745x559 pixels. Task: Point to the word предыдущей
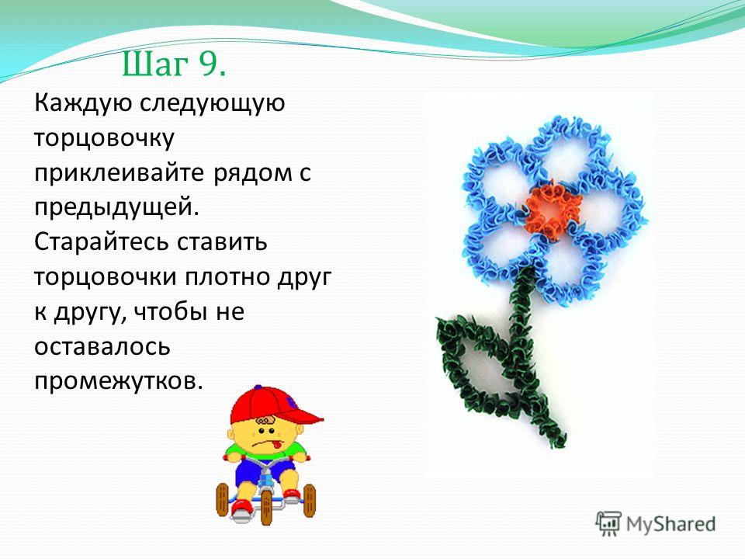pyautogui.click(x=116, y=208)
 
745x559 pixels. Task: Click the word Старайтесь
pyautogui.click(x=101, y=242)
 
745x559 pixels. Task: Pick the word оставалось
pyautogui.click(x=102, y=347)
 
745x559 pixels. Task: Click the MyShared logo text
pyautogui.click(x=670, y=524)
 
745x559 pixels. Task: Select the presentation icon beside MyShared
pyautogui.click(x=608, y=523)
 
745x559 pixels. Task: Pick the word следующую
pyautogui.click(x=212, y=103)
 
